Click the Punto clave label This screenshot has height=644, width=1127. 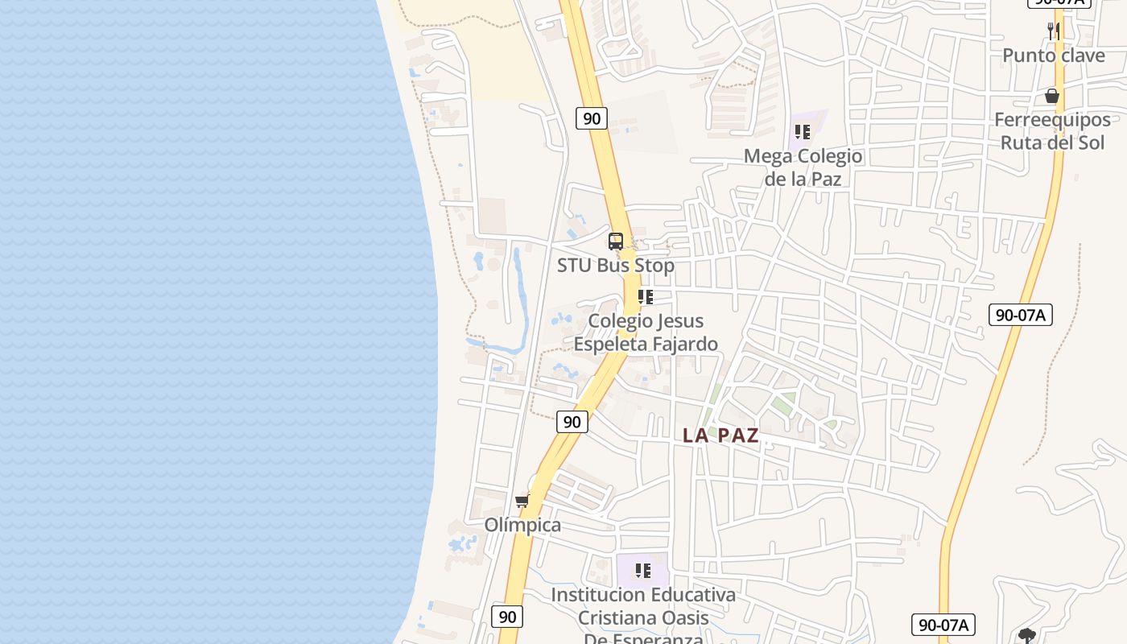1053,56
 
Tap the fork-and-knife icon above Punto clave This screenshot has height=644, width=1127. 1053,31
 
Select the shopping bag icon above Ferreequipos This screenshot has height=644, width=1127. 1051,97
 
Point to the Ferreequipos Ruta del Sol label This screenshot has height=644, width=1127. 1052,131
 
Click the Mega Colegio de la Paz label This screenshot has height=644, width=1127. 803,167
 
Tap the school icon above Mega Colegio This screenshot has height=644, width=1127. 802,131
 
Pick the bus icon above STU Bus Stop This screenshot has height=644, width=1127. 616,241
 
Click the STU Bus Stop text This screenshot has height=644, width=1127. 616,265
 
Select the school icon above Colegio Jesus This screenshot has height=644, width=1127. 646,297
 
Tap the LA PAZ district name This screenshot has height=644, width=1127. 720,436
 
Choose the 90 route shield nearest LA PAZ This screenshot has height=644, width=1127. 572,421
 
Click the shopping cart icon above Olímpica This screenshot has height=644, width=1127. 522,502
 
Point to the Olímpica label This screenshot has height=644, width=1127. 522,525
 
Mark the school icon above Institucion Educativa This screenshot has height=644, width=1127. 642,571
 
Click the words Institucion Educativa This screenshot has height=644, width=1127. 642,595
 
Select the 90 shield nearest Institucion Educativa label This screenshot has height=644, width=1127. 507,617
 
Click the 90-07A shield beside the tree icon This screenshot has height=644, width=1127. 943,624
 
